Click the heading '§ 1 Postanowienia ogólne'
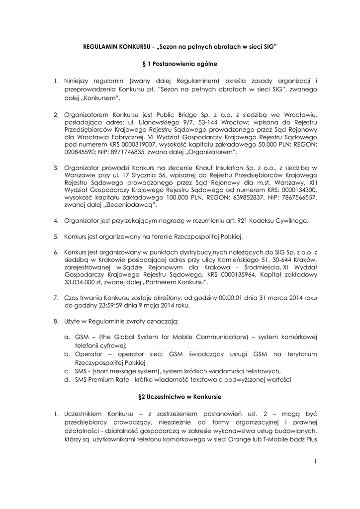[x=180, y=64]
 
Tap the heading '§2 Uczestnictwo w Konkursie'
[x=180, y=397]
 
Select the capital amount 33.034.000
[x=83, y=283]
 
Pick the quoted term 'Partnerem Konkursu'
[x=175, y=283]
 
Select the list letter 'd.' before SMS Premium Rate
[x=67, y=380]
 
